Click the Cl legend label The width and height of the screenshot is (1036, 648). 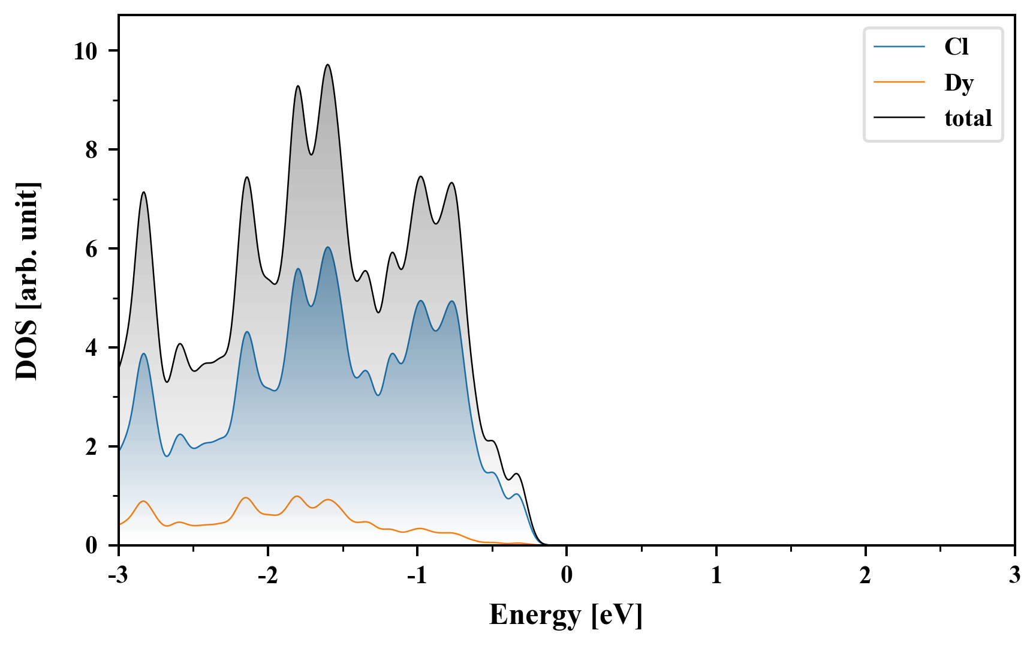coord(956,47)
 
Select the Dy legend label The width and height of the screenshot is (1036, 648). coord(959,83)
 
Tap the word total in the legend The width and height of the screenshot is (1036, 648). coord(968,118)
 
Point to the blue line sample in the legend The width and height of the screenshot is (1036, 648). coord(899,47)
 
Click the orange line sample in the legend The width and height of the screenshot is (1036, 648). coord(899,82)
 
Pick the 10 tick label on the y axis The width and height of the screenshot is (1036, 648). coord(85,51)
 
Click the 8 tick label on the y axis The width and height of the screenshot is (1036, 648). coord(91,150)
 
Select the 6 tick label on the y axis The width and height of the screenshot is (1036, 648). coord(91,249)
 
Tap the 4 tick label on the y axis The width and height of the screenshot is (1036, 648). coord(91,348)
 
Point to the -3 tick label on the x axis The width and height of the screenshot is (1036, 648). coord(119,576)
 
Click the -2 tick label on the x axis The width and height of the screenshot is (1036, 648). coord(267,576)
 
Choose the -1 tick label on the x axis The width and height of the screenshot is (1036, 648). coord(417,576)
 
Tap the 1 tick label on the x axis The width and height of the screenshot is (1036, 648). coord(716,576)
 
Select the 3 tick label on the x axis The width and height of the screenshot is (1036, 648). coord(1014,576)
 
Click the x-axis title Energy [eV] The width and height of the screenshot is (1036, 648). coord(566,615)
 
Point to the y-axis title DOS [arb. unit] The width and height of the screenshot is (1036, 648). coord(27,280)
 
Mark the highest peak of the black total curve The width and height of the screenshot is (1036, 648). coord(327,65)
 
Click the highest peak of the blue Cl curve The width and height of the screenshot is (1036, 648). coord(327,247)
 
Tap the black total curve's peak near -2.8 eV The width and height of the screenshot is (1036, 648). coord(143,192)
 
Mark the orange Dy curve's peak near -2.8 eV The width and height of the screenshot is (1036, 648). coord(143,501)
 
